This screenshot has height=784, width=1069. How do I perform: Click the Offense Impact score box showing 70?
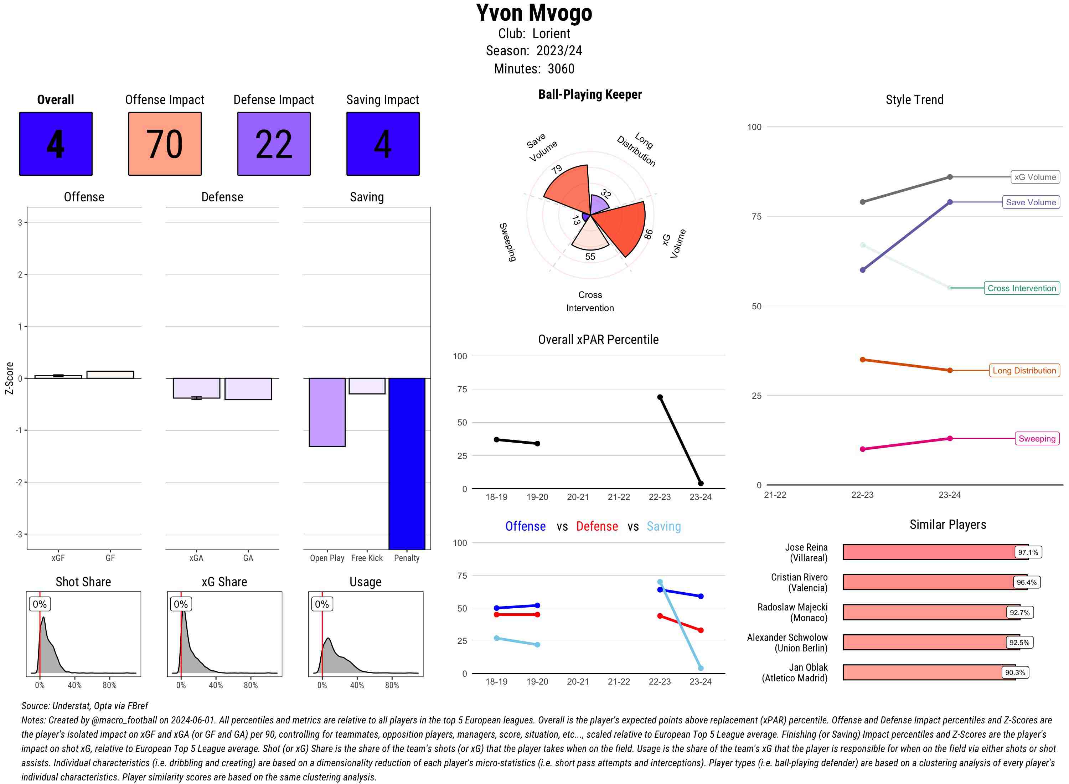click(165, 144)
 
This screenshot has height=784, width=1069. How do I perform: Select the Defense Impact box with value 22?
click(274, 144)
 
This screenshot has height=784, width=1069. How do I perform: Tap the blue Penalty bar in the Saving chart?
click(407, 463)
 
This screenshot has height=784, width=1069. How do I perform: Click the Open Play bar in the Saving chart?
click(327, 412)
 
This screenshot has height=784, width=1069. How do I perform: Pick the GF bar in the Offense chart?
click(110, 375)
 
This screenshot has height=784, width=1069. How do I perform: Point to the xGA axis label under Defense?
click(196, 558)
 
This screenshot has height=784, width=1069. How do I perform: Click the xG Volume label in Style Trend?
click(1035, 177)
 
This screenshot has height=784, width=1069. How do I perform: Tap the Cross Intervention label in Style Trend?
click(1022, 288)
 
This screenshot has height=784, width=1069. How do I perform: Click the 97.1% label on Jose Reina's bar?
click(1028, 552)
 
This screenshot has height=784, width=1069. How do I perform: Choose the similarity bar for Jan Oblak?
click(929, 672)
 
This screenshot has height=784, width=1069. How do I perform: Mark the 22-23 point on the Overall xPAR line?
click(660, 397)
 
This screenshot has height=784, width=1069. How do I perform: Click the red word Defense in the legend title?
click(597, 526)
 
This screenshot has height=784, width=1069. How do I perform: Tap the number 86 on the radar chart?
click(648, 234)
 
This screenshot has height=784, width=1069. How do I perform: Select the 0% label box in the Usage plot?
click(322, 604)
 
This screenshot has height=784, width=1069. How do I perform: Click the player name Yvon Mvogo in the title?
click(534, 13)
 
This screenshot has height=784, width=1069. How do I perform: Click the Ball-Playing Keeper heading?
click(590, 94)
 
